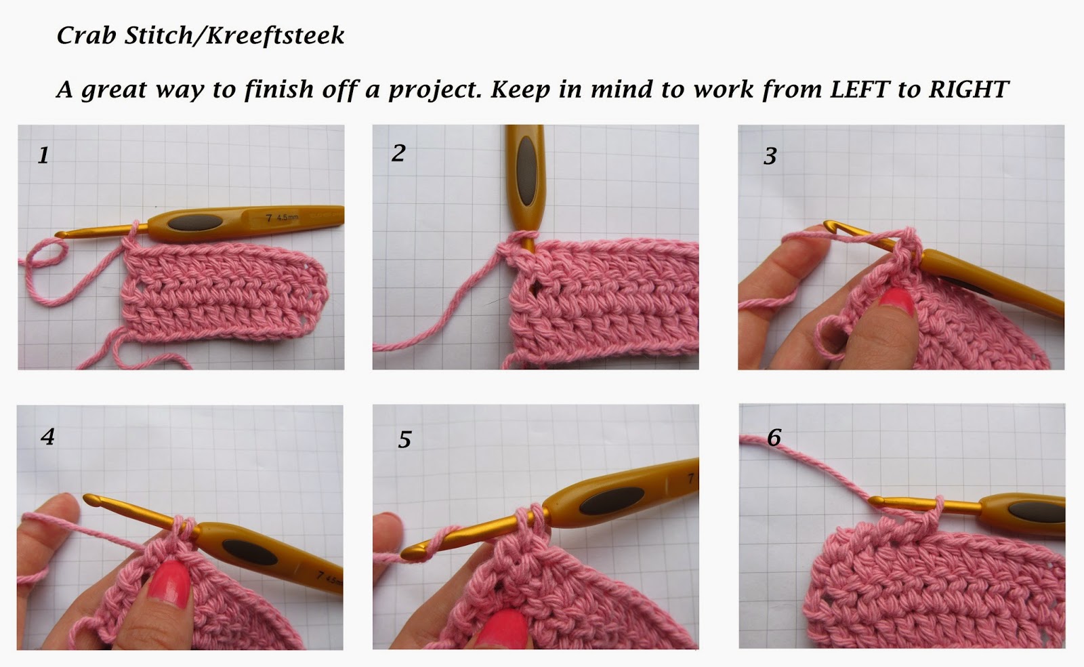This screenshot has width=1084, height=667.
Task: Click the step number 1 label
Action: pos(43,155)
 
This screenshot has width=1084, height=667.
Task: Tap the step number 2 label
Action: pos(398,153)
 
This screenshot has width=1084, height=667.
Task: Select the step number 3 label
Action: pos(770,156)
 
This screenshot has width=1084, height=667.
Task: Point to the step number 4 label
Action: pos(47,437)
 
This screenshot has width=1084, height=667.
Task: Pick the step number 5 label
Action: pos(404,439)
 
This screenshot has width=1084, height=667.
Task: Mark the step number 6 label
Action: pos(774,438)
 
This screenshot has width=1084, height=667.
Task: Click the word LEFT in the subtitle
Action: pos(860,89)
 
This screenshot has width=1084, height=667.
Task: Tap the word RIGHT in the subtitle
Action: pos(969,89)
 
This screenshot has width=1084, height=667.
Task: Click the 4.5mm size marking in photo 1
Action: pos(287,218)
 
